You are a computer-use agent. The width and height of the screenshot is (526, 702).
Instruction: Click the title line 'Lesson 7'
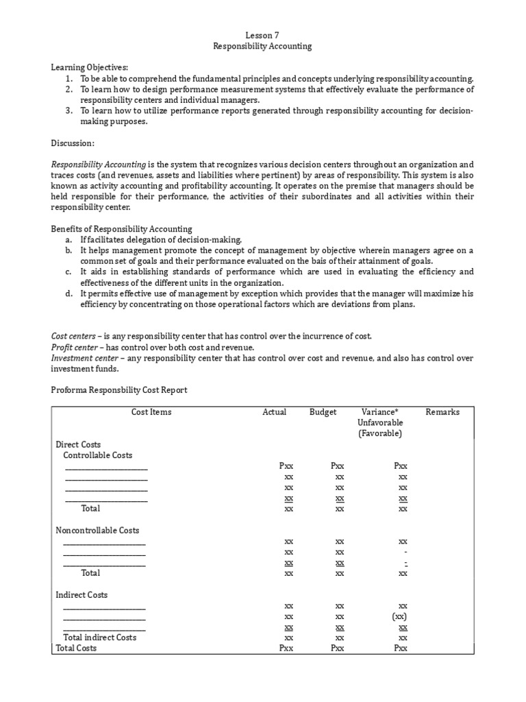[x=262, y=35]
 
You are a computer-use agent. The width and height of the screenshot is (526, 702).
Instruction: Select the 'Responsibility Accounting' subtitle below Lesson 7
[x=262, y=46]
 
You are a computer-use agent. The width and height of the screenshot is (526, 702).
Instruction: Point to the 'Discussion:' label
[x=73, y=143]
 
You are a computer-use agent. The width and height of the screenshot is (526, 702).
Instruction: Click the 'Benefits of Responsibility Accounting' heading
[x=122, y=228]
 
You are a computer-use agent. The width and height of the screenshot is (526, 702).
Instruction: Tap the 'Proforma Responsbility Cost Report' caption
[x=120, y=390]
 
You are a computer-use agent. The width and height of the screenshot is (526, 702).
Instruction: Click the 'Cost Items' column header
[x=151, y=412]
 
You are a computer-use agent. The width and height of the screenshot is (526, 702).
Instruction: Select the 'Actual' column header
[x=275, y=412]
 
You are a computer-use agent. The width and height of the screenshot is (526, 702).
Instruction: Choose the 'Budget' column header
[x=323, y=412]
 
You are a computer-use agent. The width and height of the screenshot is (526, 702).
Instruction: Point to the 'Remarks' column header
[x=442, y=412]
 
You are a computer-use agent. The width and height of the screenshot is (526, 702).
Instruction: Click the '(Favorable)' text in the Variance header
[x=379, y=433]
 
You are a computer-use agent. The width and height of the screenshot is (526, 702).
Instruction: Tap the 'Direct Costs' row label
[x=78, y=444]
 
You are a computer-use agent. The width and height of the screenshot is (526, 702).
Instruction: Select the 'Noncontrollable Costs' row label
[x=97, y=530]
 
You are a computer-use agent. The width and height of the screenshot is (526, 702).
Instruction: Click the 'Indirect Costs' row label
[x=82, y=594]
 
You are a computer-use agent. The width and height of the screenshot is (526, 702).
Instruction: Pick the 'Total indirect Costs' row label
[x=105, y=637]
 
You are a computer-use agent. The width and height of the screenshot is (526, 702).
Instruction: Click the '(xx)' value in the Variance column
[x=403, y=616]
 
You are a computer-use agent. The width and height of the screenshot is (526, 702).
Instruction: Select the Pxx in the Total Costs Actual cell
[x=287, y=648]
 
